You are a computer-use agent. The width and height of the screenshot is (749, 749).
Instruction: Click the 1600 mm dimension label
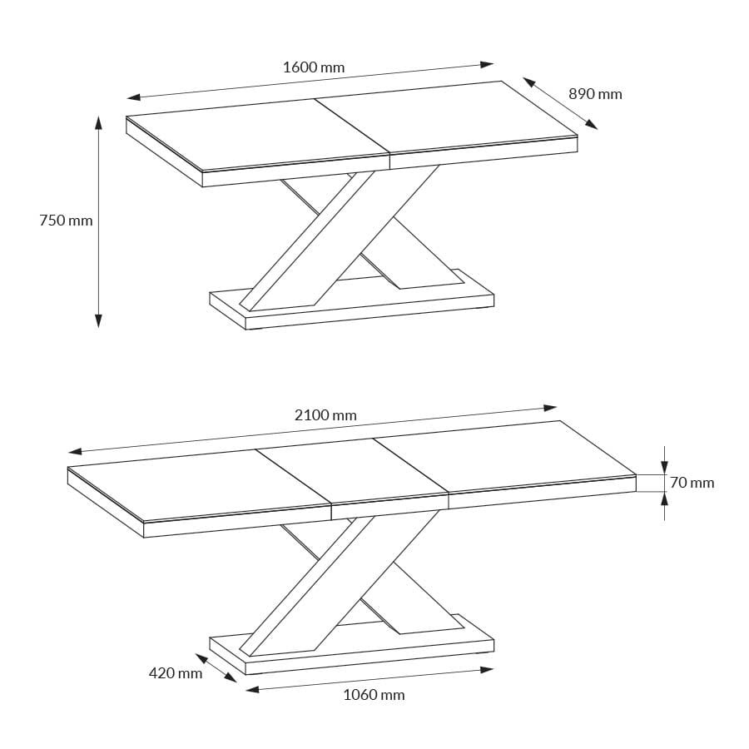[x=313, y=67]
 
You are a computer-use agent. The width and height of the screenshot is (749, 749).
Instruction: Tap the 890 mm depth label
[x=595, y=94]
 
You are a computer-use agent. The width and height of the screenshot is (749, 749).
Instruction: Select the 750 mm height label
[x=66, y=221]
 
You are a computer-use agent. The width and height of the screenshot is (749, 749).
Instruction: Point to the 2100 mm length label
[x=325, y=414]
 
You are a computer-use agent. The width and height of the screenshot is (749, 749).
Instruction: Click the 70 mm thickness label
[x=692, y=483]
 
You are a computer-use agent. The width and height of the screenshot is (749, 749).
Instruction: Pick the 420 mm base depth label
[x=175, y=672]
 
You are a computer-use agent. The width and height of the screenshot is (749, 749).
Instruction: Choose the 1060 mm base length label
[x=374, y=694]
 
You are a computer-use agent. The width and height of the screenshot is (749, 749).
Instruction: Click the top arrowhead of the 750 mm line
[x=98, y=123]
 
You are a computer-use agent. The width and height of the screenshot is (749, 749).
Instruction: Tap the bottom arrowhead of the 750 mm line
[x=98, y=320]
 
